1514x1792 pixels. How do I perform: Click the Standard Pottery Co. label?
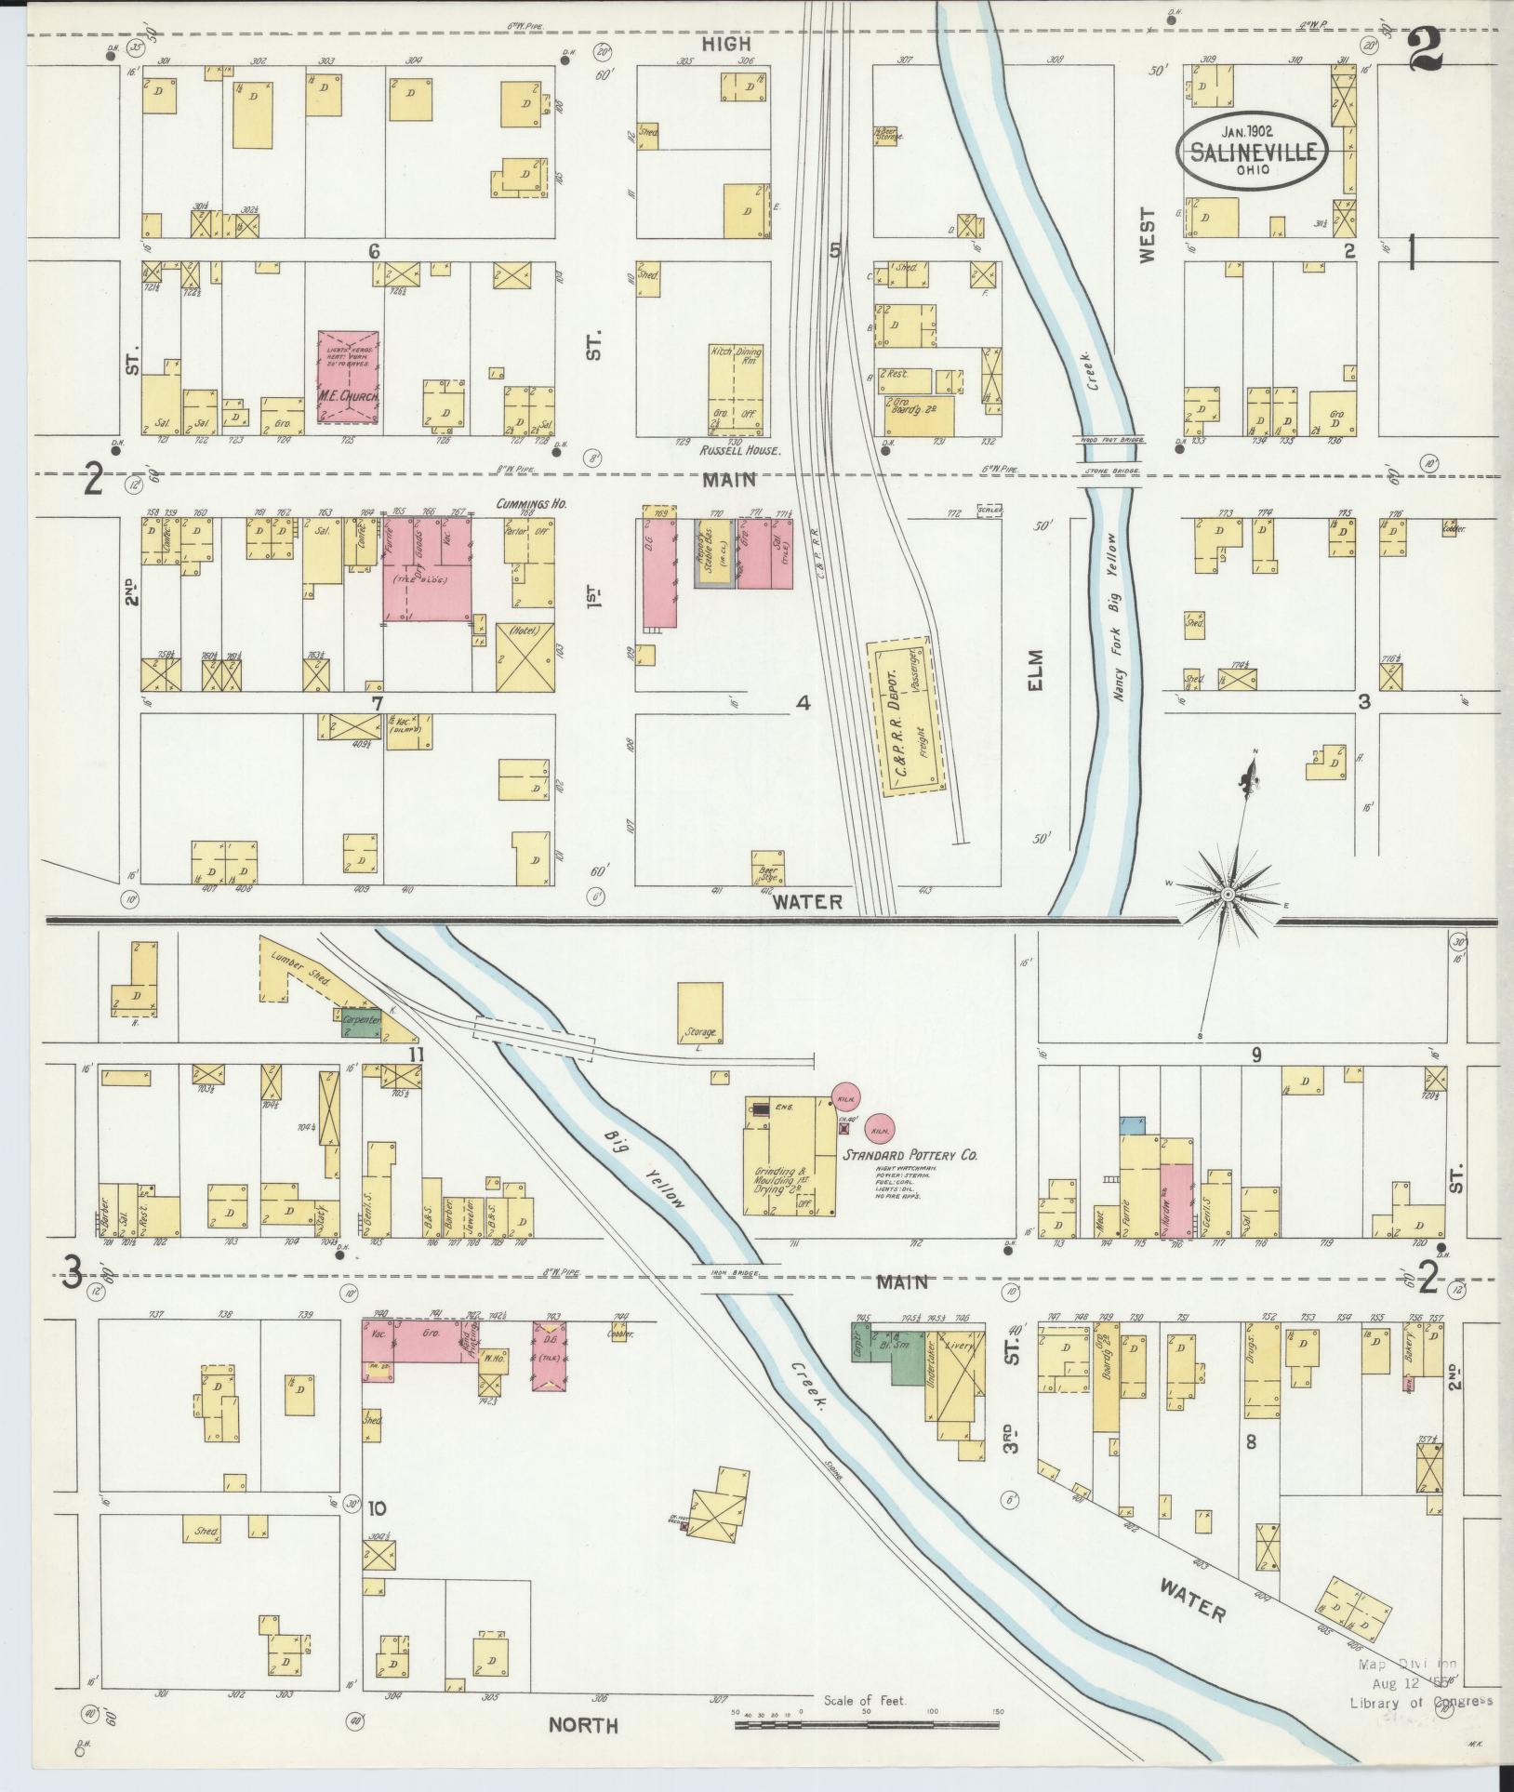tap(910, 1156)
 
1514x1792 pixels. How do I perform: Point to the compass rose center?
tap(1228, 895)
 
